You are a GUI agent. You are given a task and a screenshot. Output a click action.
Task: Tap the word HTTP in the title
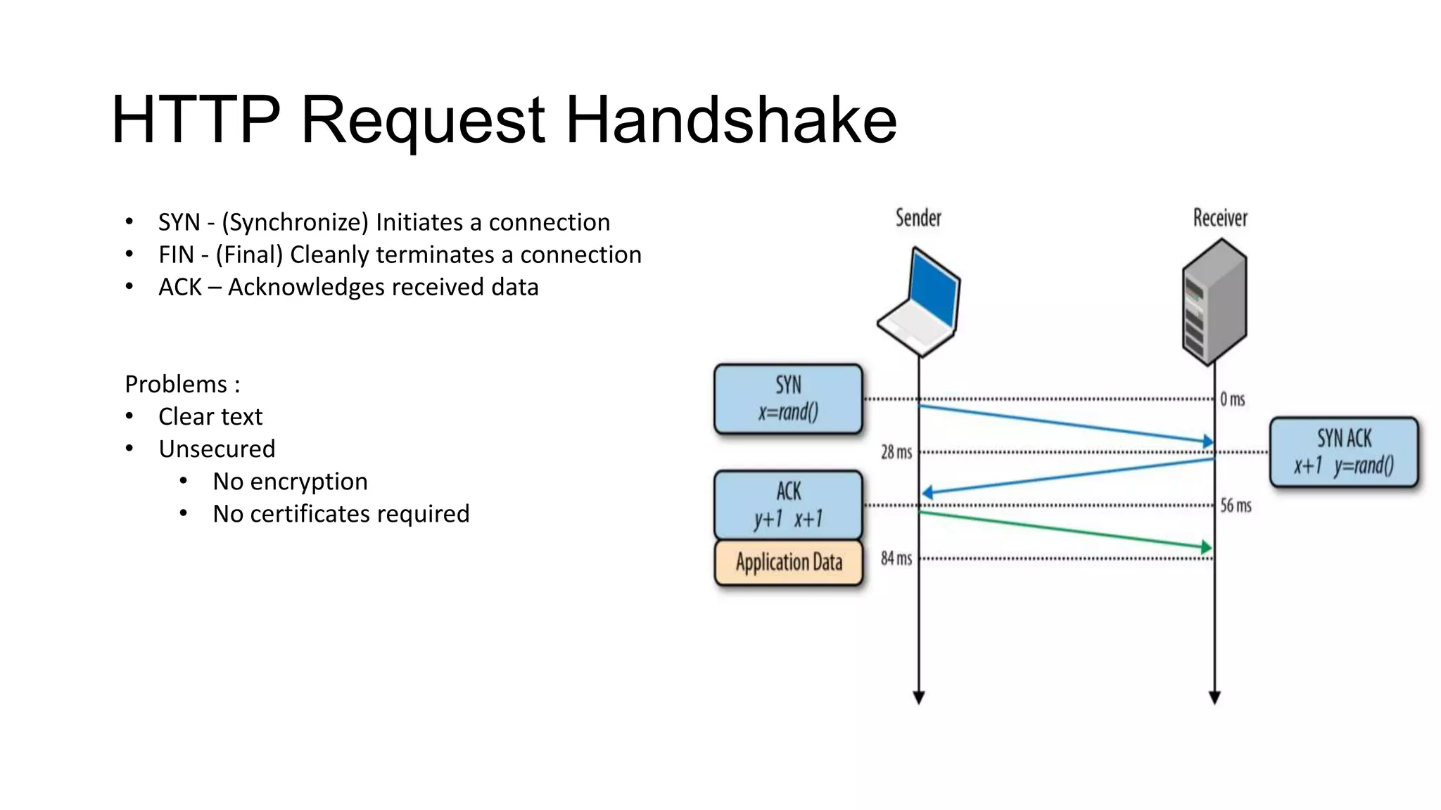(196, 120)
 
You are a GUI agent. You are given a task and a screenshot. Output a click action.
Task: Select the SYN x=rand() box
(788, 399)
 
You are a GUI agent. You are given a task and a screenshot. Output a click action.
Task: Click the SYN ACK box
(1344, 452)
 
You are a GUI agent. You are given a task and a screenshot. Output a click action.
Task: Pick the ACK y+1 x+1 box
(788, 505)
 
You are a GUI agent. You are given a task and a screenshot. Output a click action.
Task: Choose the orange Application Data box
(788, 562)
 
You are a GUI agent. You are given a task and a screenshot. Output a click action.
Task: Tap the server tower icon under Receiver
(1215, 301)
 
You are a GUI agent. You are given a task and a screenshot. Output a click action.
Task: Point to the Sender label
(918, 218)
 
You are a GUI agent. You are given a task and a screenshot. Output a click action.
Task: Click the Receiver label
(1220, 218)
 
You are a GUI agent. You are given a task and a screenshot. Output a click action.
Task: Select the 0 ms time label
(1232, 399)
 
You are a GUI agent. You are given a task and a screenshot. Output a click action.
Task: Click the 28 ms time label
(896, 452)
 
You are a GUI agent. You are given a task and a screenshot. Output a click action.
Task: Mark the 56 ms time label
(1236, 506)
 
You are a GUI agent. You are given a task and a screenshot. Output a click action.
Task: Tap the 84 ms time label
(896, 559)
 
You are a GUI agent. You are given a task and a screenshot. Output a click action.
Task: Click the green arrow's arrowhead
(1206, 547)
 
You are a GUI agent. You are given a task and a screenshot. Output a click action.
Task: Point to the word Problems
(176, 385)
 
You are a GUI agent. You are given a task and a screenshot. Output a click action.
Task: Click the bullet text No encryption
(290, 482)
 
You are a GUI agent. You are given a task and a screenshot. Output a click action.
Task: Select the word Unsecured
(217, 449)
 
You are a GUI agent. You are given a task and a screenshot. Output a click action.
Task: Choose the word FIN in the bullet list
(176, 255)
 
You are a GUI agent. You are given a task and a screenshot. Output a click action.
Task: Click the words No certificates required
(341, 514)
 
